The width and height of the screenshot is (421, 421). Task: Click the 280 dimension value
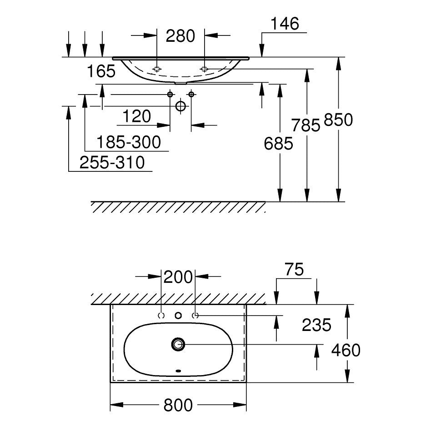click(x=180, y=36)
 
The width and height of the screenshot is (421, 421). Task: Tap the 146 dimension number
click(x=285, y=24)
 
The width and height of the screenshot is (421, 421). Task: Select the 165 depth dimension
click(x=101, y=71)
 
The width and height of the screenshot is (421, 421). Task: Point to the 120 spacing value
click(x=137, y=116)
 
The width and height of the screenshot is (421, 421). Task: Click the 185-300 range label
click(x=129, y=142)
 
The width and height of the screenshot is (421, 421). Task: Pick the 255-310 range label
click(x=112, y=162)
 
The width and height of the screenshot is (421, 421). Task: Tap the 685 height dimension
click(x=278, y=143)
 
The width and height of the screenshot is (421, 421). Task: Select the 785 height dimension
click(x=306, y=125)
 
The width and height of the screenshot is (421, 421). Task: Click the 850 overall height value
click(x=338, y=120)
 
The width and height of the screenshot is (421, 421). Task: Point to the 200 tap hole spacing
click(x=178, y=277)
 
